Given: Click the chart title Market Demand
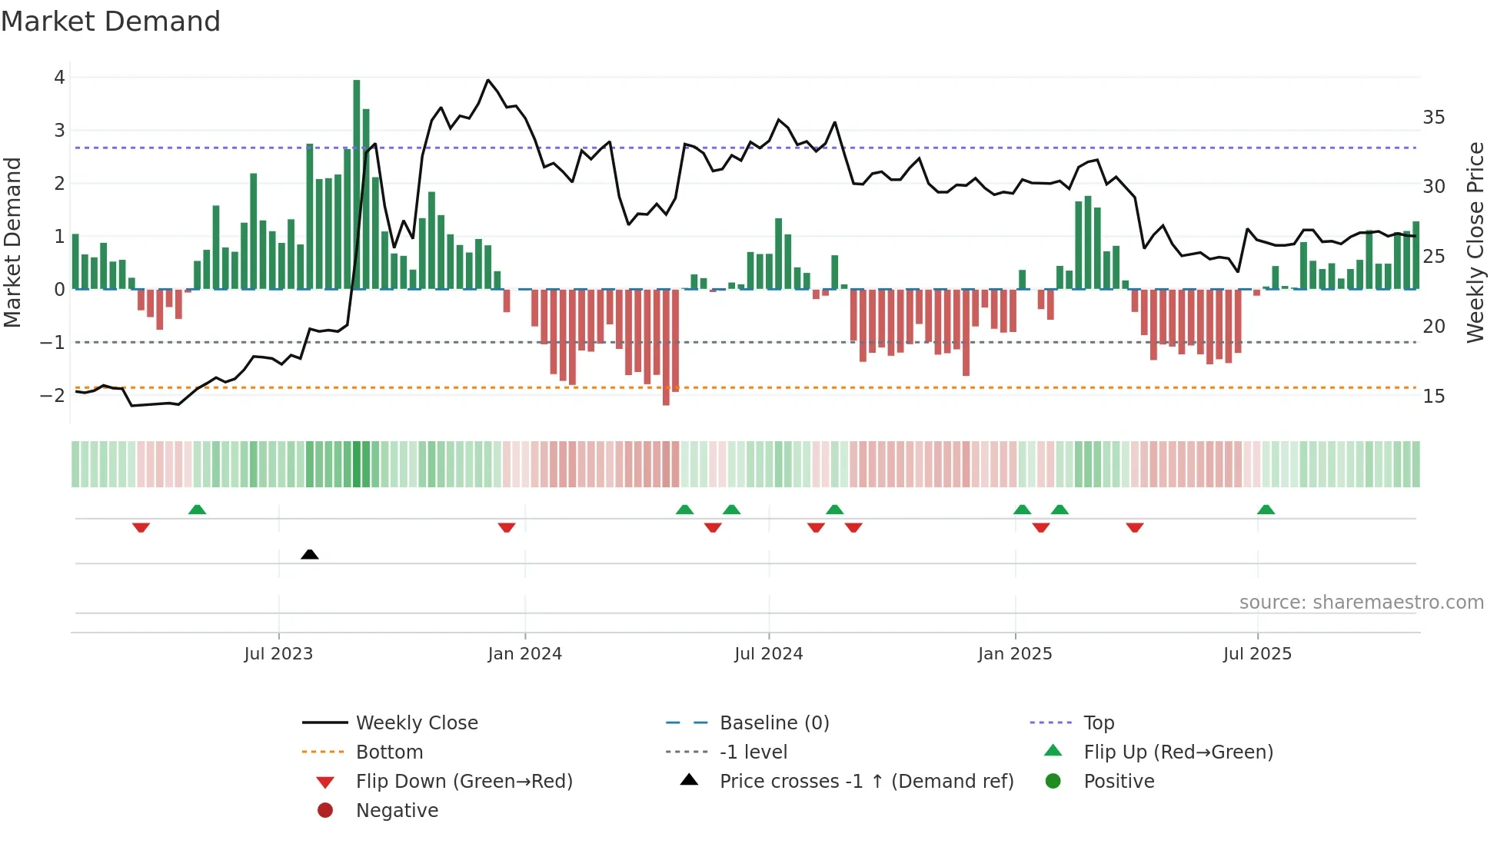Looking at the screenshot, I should point(111,22).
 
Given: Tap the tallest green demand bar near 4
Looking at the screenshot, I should point(357,184).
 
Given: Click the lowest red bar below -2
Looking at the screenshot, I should point(666,347).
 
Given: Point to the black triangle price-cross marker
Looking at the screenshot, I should point(310,554).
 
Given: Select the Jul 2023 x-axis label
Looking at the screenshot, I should point(278,654).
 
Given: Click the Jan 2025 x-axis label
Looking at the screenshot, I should point(1015,654).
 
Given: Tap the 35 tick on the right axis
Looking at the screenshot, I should point(1433,118).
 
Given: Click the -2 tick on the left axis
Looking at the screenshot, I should point(52,396).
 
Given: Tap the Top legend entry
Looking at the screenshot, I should point(1098,723).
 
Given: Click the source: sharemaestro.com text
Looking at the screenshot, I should point(1361,603).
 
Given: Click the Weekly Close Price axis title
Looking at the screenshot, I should point(1475,242).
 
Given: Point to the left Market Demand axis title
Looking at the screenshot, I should point(13,242).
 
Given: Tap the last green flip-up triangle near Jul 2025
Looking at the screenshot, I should point(1266,510).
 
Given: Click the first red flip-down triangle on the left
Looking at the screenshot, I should point(141,527).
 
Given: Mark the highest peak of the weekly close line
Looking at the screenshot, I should point(488,80).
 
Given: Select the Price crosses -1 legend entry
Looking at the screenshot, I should point(866,782).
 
